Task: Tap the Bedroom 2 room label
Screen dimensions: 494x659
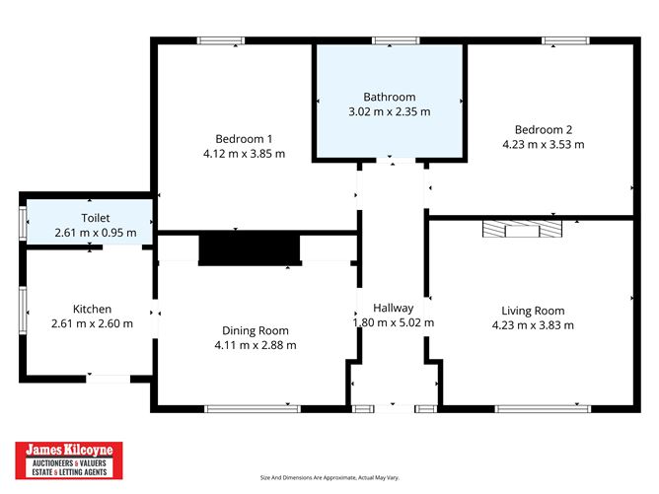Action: click(543, 128)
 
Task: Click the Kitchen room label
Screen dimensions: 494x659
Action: click(92, 309)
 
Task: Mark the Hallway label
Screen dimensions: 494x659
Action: click(393, 307)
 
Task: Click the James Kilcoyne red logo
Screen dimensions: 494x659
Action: click(68, 460)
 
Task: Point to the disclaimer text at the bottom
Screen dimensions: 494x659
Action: click(329, 478)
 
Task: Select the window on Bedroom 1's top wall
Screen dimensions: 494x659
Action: click(220, 40)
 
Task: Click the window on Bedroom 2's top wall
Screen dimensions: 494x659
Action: click(564, 40)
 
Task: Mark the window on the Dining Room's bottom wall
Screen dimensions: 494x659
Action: click(253, 408)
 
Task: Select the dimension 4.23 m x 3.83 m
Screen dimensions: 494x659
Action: click(533, 324)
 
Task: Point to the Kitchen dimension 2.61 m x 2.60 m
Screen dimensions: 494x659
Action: click(92, 323)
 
